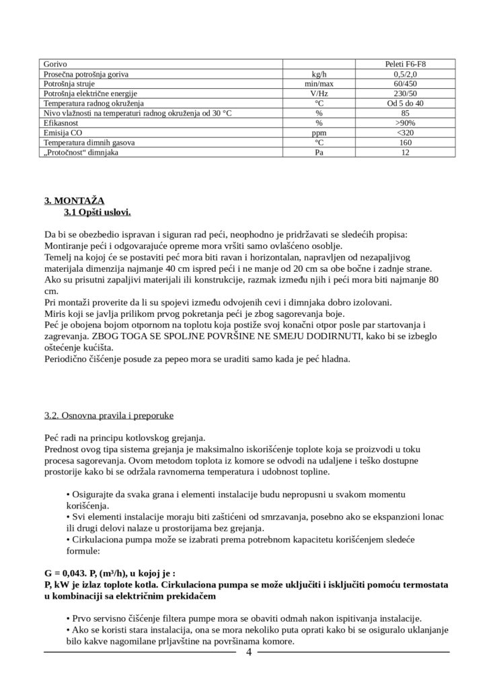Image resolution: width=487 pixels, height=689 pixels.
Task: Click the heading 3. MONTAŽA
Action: (x=74, y=201)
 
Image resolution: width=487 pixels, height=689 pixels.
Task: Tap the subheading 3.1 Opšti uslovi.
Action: (x=98, y=213)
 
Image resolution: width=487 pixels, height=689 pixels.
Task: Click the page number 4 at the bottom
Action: (x=249, y=653)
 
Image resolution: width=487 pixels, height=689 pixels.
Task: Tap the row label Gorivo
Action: (x=55, y=65)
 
